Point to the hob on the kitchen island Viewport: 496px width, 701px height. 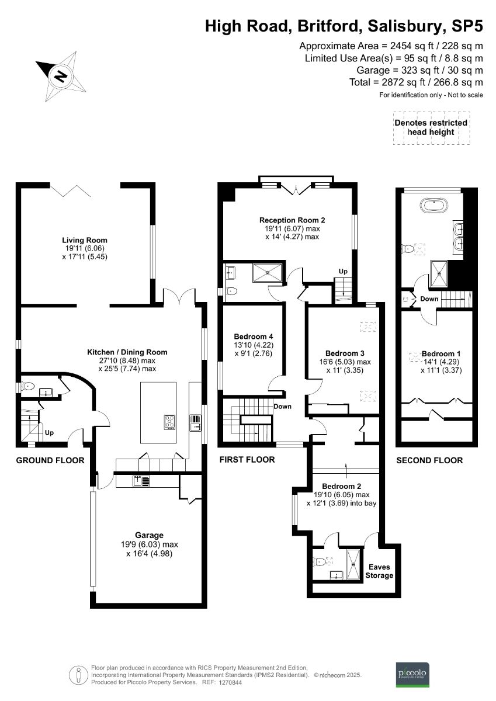coord(170,422)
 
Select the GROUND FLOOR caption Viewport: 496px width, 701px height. coord(50,460)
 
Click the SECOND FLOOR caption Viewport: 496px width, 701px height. coord(429,460)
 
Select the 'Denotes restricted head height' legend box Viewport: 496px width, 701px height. coord(431,127)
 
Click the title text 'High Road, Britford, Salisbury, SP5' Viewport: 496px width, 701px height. coord(344,26)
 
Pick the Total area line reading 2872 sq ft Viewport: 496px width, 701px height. coord(416,82)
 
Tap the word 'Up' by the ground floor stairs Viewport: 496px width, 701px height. coord(50,433)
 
